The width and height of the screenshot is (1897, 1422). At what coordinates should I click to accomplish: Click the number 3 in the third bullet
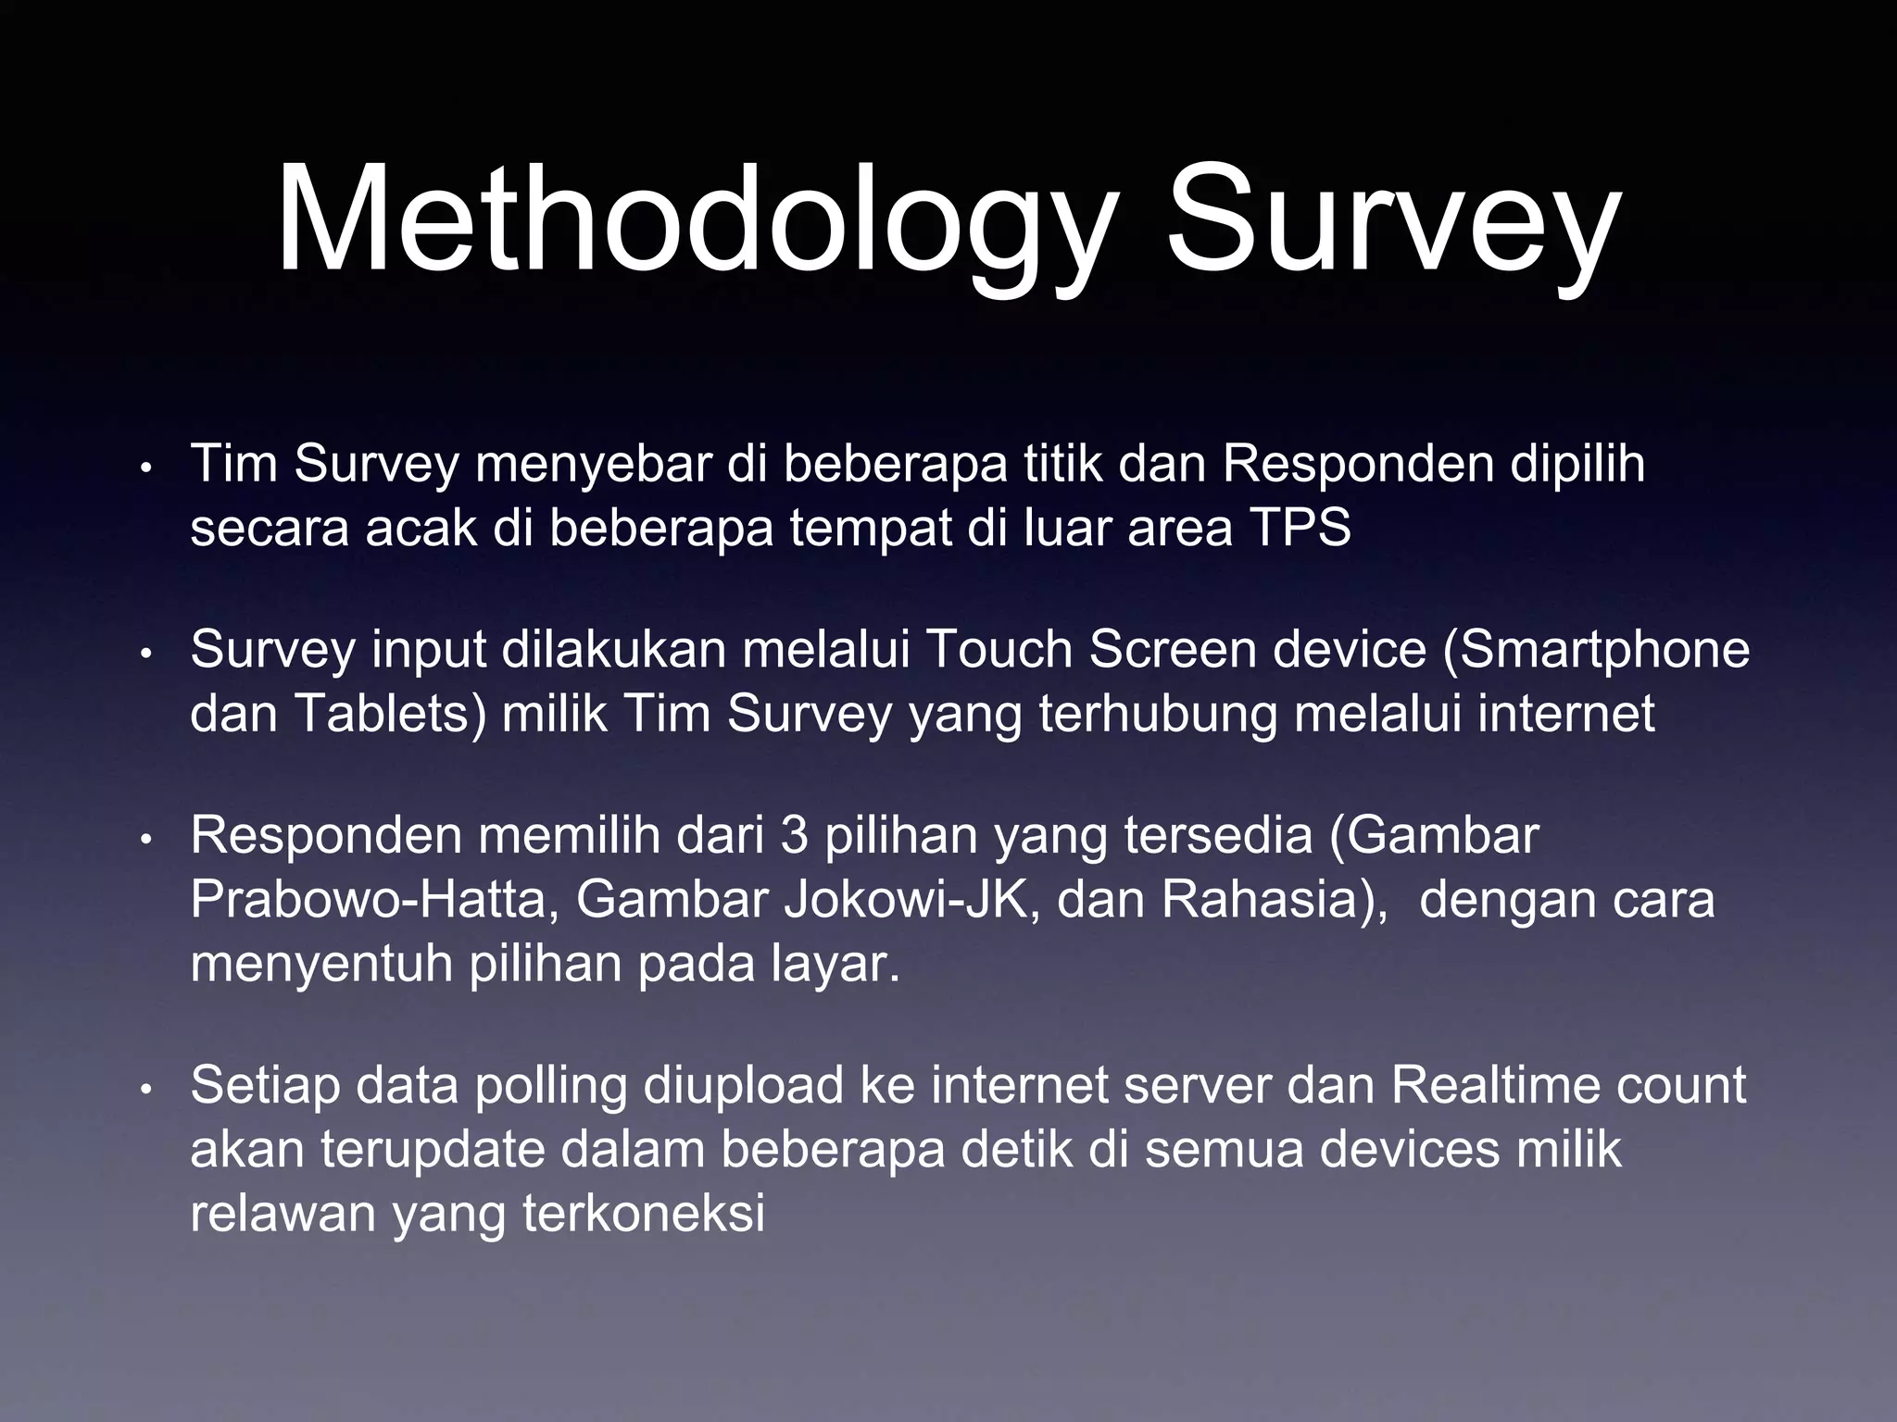(794, 835)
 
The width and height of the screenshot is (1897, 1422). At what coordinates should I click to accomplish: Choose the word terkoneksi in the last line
(644, 1214)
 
